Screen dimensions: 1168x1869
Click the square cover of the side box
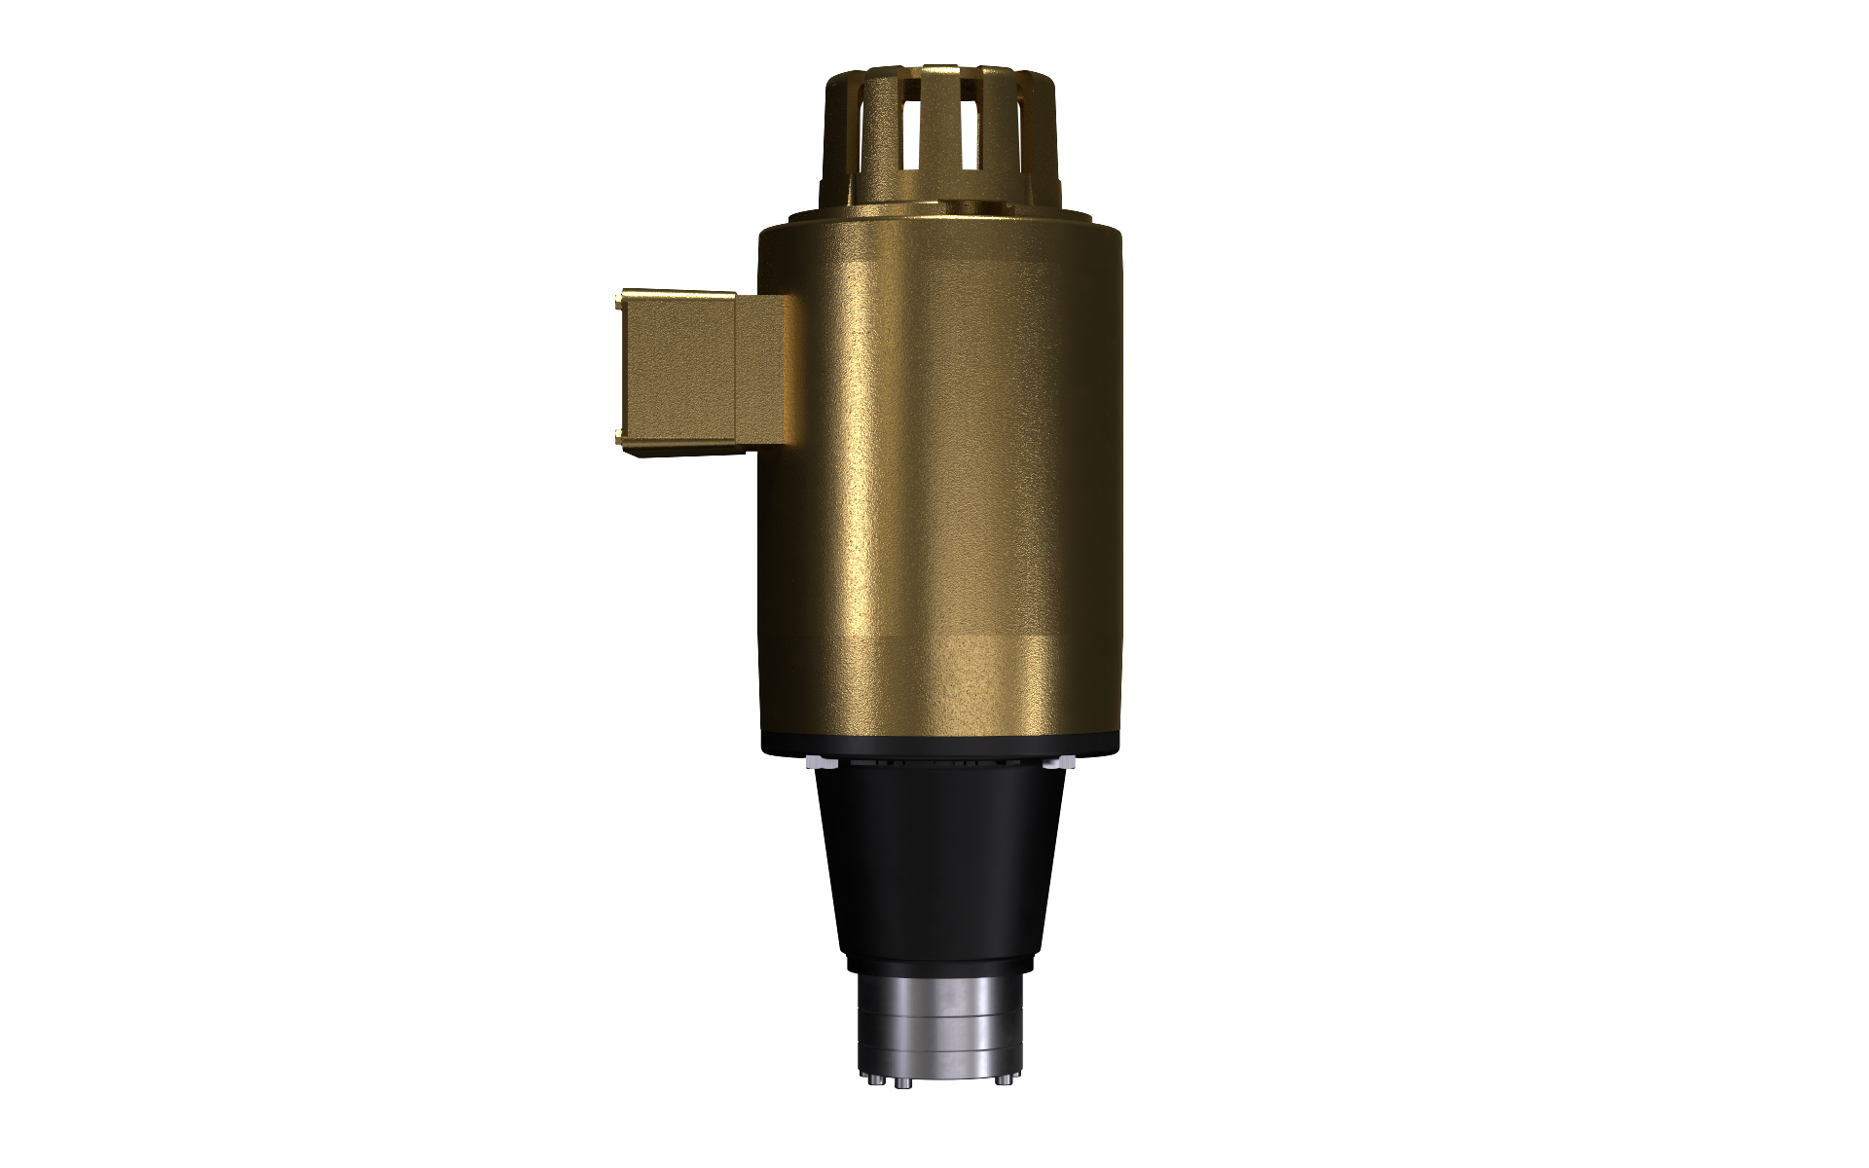click(678, 373)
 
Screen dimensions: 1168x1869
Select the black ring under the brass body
click(939, 748)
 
